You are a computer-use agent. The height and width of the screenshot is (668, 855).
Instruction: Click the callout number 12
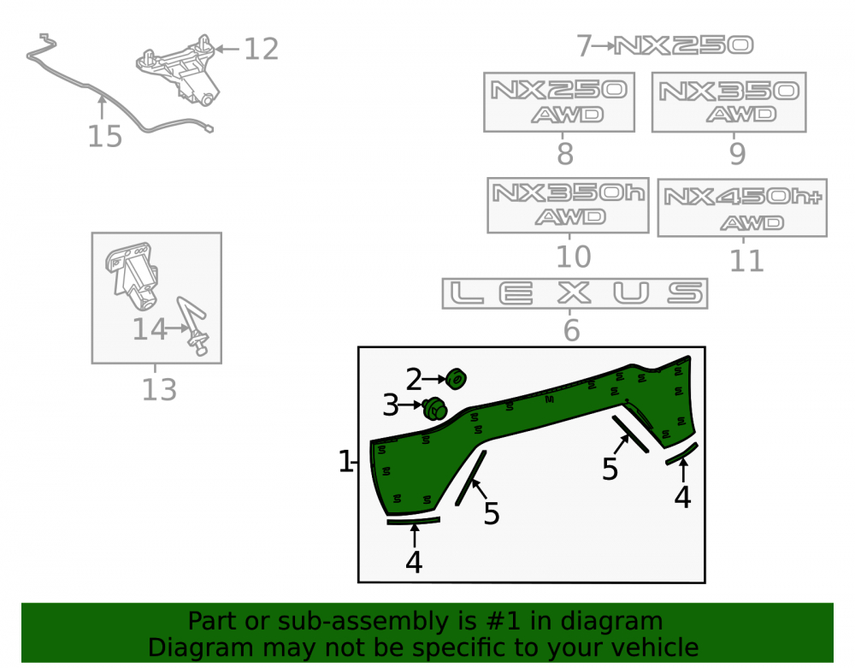(261, 49)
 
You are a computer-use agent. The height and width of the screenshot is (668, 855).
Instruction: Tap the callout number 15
(104, 136)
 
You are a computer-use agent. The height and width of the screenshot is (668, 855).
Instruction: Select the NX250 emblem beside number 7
(684, 45)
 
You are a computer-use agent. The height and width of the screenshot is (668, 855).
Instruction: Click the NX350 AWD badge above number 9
(729, 102)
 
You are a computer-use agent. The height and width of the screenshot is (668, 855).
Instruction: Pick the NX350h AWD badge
(569, 205)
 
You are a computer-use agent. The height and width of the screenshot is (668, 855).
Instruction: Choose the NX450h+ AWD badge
(742, 208)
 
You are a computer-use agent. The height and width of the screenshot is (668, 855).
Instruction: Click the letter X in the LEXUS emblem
(575, 293)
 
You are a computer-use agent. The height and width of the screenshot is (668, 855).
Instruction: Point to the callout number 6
(571, 330)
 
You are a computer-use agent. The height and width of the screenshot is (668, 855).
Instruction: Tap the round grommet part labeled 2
(456, 379)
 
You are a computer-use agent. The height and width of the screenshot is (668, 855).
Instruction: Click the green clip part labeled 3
(434, 409)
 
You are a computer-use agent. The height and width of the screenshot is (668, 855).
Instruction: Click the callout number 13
(159, 390)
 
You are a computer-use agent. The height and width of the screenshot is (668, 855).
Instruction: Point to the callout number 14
(150, 329)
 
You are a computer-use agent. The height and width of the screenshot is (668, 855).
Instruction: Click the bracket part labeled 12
(179, 71)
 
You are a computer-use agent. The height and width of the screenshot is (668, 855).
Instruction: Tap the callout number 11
(746, 261)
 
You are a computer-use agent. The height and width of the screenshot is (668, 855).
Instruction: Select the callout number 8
(565, 154)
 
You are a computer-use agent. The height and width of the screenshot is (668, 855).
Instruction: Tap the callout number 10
(573, 257)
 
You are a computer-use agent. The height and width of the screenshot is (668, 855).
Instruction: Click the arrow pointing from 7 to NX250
(603, 46)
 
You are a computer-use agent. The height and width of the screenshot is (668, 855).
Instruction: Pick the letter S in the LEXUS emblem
(686, 293)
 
